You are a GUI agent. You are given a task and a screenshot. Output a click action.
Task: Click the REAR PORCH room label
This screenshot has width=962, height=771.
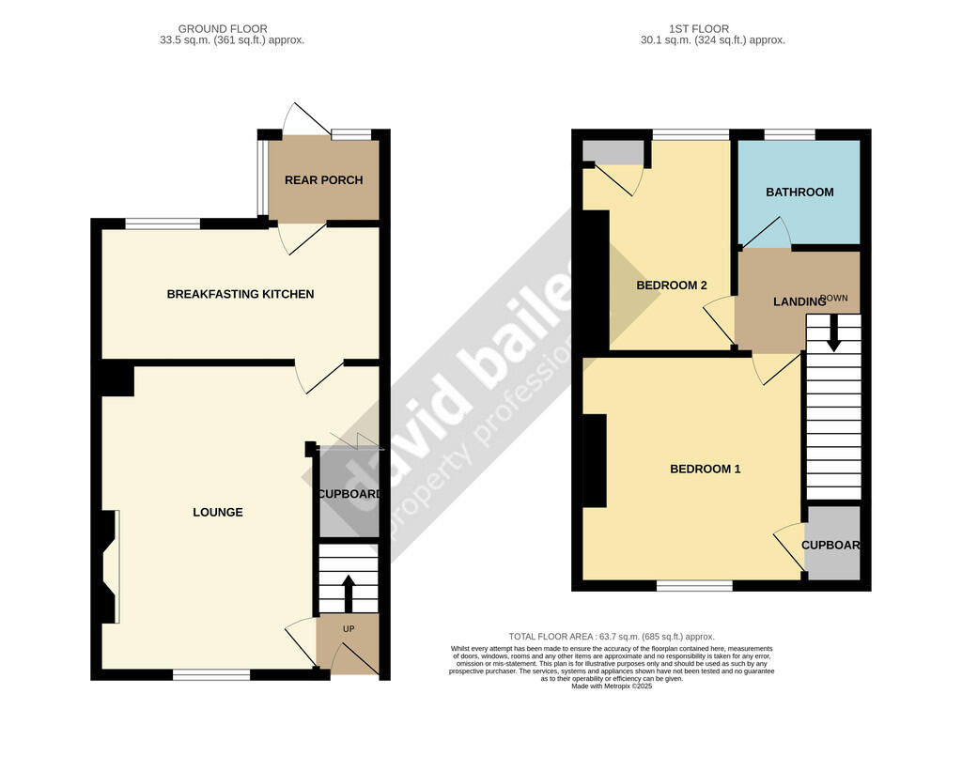[x=323, y=180]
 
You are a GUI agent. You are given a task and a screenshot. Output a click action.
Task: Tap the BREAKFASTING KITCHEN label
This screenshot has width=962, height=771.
[x=240, y=294]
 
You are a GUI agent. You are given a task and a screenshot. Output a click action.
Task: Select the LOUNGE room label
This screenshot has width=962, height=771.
[x=218, y=512]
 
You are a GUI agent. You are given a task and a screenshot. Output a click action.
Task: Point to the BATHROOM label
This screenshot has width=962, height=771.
[x=799, y=192]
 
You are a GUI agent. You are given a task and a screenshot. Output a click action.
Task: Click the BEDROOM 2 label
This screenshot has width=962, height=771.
[x=672, y=285]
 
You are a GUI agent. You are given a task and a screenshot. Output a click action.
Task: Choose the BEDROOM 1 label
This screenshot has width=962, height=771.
[x=705, y=468]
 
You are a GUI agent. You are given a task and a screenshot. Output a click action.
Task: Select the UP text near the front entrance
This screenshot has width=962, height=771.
[x=348, y=627]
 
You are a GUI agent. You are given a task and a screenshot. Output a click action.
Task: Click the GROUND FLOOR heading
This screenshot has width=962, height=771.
[x=223, y=29]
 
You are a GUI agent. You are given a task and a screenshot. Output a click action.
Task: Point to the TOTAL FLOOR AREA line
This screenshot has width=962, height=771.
[x=612, y=637]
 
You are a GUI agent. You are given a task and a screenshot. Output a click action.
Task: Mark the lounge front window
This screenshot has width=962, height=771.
[x=211, y=674]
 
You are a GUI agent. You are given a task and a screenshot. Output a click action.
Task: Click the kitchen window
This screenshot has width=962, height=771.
[x=163, y=224]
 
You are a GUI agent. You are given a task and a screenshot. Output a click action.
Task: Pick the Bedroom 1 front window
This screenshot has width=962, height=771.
[x=694, y=586]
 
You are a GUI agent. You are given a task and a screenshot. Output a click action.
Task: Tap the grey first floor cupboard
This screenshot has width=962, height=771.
[x=832, y=543]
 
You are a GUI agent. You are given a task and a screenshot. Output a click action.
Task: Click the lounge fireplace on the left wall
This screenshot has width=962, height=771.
[x=108, y=566]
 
